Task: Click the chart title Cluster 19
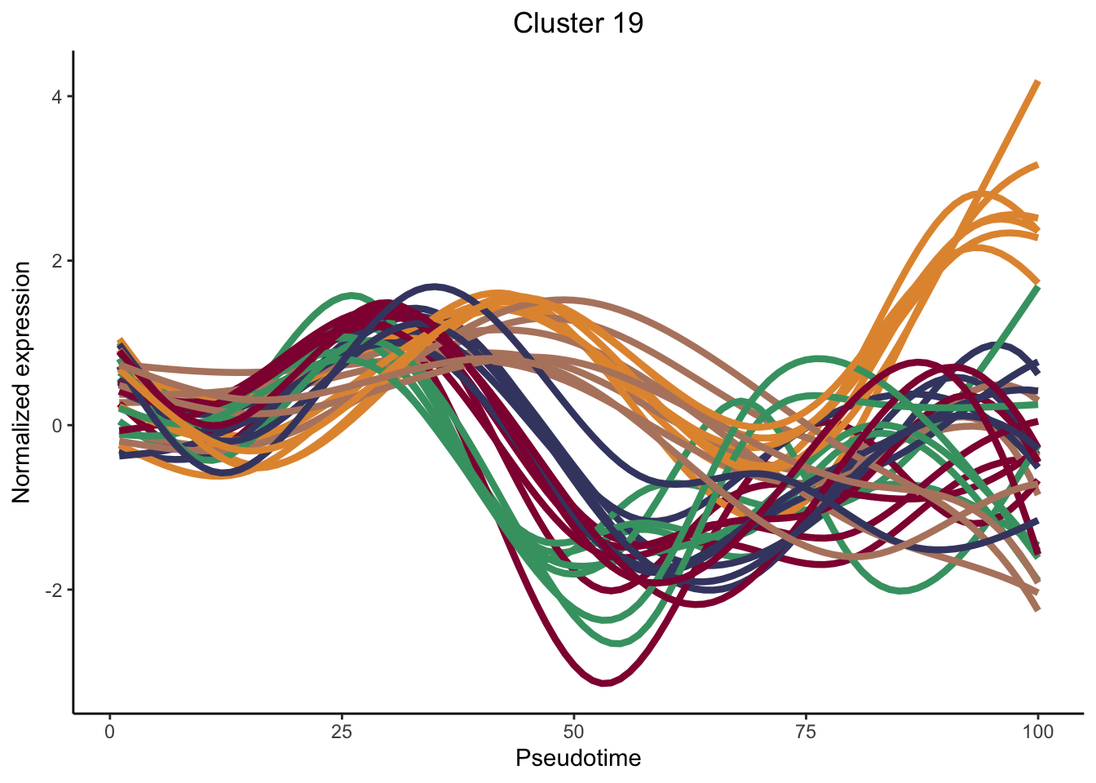pos(577,23)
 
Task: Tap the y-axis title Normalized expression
pos(22,382)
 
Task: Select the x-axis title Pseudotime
pos(577,759)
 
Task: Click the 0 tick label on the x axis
pos(110,732)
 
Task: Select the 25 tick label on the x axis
pos(342,732)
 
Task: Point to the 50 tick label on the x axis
pos(574,732)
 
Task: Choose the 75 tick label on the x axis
pos(806,732)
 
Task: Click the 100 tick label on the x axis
pos(1037,732)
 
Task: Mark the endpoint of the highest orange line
pos(1037,82)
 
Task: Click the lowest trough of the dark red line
pos(604,683)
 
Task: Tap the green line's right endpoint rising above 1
pos(1037,288)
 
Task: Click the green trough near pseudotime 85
pos(901,591)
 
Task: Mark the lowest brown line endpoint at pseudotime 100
pos(1037,608)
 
